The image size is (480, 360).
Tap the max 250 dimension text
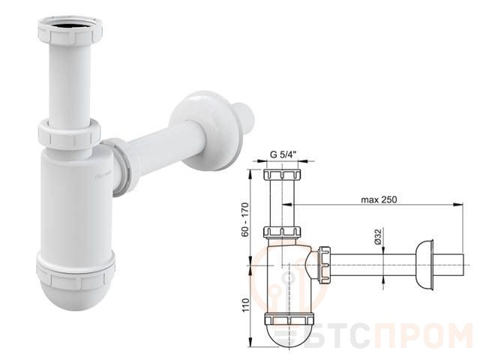coord(379,200)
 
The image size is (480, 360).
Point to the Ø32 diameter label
coord(378,237)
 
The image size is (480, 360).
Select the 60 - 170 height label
coord(245,220)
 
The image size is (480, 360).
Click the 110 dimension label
coord(246,305)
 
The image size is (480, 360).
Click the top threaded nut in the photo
coord(70,31)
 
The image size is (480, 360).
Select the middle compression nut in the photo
coord(69,133)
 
